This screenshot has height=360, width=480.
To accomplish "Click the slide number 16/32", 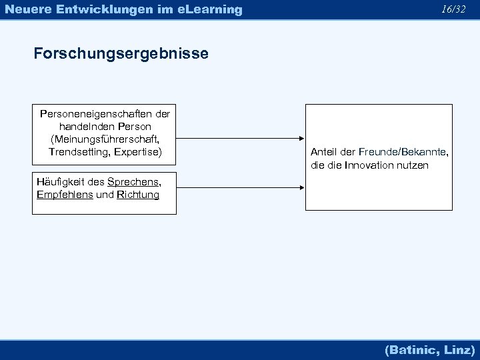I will tap(453, 9).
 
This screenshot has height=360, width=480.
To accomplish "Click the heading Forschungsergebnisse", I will tap(121, 53).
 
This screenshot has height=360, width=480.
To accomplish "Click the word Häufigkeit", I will tap(61, 182).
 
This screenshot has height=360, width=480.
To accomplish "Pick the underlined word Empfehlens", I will tap(65, 195).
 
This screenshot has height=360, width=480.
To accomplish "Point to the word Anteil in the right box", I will tap(325, 152).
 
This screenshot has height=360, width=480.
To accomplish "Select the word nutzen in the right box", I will tap(413, 165).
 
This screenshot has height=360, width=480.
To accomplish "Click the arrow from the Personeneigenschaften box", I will tap(241, 139).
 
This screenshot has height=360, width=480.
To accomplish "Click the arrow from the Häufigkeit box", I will tap(241, 188).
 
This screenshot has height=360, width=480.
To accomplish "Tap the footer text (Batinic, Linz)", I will tap(430, 349).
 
